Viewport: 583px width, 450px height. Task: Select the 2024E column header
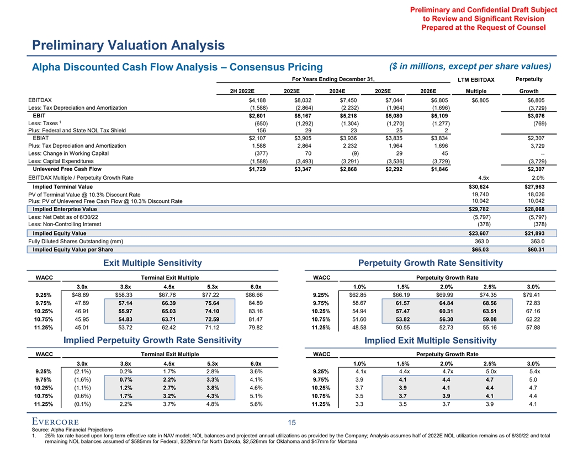337,91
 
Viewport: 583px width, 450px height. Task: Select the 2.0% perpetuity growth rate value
537,178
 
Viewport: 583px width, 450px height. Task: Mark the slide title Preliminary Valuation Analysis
128,44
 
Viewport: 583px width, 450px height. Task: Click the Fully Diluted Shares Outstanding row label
76,241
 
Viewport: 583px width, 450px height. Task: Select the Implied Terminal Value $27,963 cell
533,186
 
